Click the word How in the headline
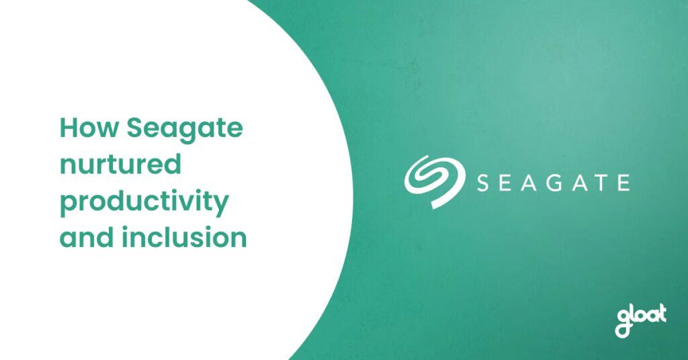tap(89, 128)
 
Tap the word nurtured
tap(120, 164)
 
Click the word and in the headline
tap(87, 237)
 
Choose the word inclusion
tap(184, 237)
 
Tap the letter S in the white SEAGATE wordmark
tap(483, 183)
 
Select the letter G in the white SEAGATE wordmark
tap(554, 183)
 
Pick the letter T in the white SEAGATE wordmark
tap(600, 183)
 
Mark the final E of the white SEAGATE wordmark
tap(624, 183)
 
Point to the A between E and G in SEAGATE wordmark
tap(529, 183)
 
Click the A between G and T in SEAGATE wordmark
tap(579, 183)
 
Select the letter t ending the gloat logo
tap(661, 314)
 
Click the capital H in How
tap(68, 128)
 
